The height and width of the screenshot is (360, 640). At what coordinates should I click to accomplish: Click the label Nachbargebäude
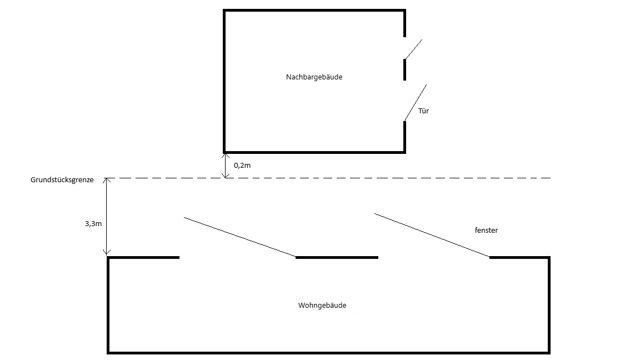pos(314,77)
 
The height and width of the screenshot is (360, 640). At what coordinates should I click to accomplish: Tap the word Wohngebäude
pos(326,306)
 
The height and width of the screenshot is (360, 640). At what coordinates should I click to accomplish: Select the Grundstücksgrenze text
pos(62,180)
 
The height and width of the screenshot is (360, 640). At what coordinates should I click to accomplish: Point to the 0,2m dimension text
pos(242,166)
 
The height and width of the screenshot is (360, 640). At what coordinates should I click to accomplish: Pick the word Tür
pos(424,111)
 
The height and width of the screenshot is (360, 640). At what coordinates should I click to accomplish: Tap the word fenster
pos(487,230)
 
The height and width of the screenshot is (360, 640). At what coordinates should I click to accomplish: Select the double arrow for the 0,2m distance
pos(224,165)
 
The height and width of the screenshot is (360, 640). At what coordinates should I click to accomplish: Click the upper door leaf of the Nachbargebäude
pos(413,49)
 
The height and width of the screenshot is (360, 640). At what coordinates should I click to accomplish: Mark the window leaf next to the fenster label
pos(432,235)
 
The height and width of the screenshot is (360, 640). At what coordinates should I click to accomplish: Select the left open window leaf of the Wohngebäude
pos(239,237)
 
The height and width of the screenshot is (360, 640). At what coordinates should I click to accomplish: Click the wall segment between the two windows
pos(337,257)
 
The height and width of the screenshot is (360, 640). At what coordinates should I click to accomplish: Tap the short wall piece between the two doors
pos(404,69)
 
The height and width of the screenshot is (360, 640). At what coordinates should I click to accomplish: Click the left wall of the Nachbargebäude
pos(224,81)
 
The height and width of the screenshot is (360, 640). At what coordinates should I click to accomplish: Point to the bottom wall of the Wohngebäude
pos(328,352)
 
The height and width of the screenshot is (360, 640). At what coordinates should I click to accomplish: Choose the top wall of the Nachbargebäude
pos(314,11)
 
